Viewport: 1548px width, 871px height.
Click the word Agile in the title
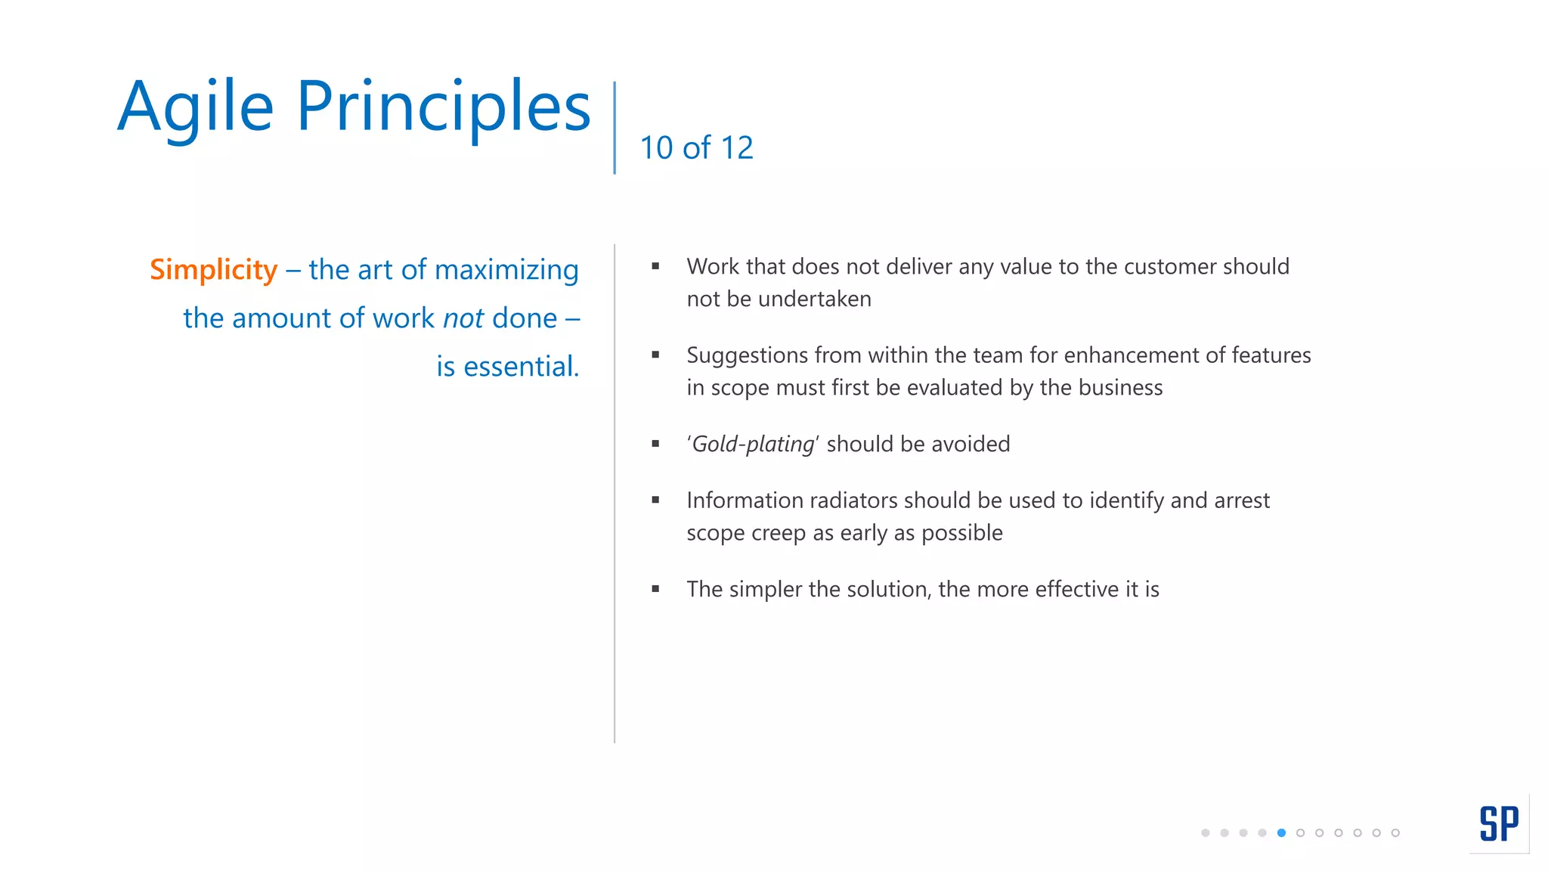[x=195, y=107]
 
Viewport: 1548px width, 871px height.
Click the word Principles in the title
[x=443, y=107]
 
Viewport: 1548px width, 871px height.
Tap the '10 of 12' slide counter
[x=696, y=147]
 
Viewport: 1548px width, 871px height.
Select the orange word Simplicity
[x=214, y=270]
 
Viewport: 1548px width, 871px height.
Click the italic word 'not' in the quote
[x=463, y=318]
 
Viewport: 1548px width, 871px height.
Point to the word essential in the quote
[x=521, y=367]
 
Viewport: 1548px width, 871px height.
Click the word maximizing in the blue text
[x=506, y=270]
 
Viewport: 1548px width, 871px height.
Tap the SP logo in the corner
[x=1498, y=823]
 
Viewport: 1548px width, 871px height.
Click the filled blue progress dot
[x=1281, y=833]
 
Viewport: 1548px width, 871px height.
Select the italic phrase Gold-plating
[x=754, y=444]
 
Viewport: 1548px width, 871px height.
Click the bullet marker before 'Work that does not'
[x=655, y=266]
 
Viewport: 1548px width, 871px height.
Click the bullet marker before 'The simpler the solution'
[x=655, y=589]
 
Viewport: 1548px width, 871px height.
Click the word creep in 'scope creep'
[x=779, y=533]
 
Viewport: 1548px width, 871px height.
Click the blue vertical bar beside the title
[x=615, y=128]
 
